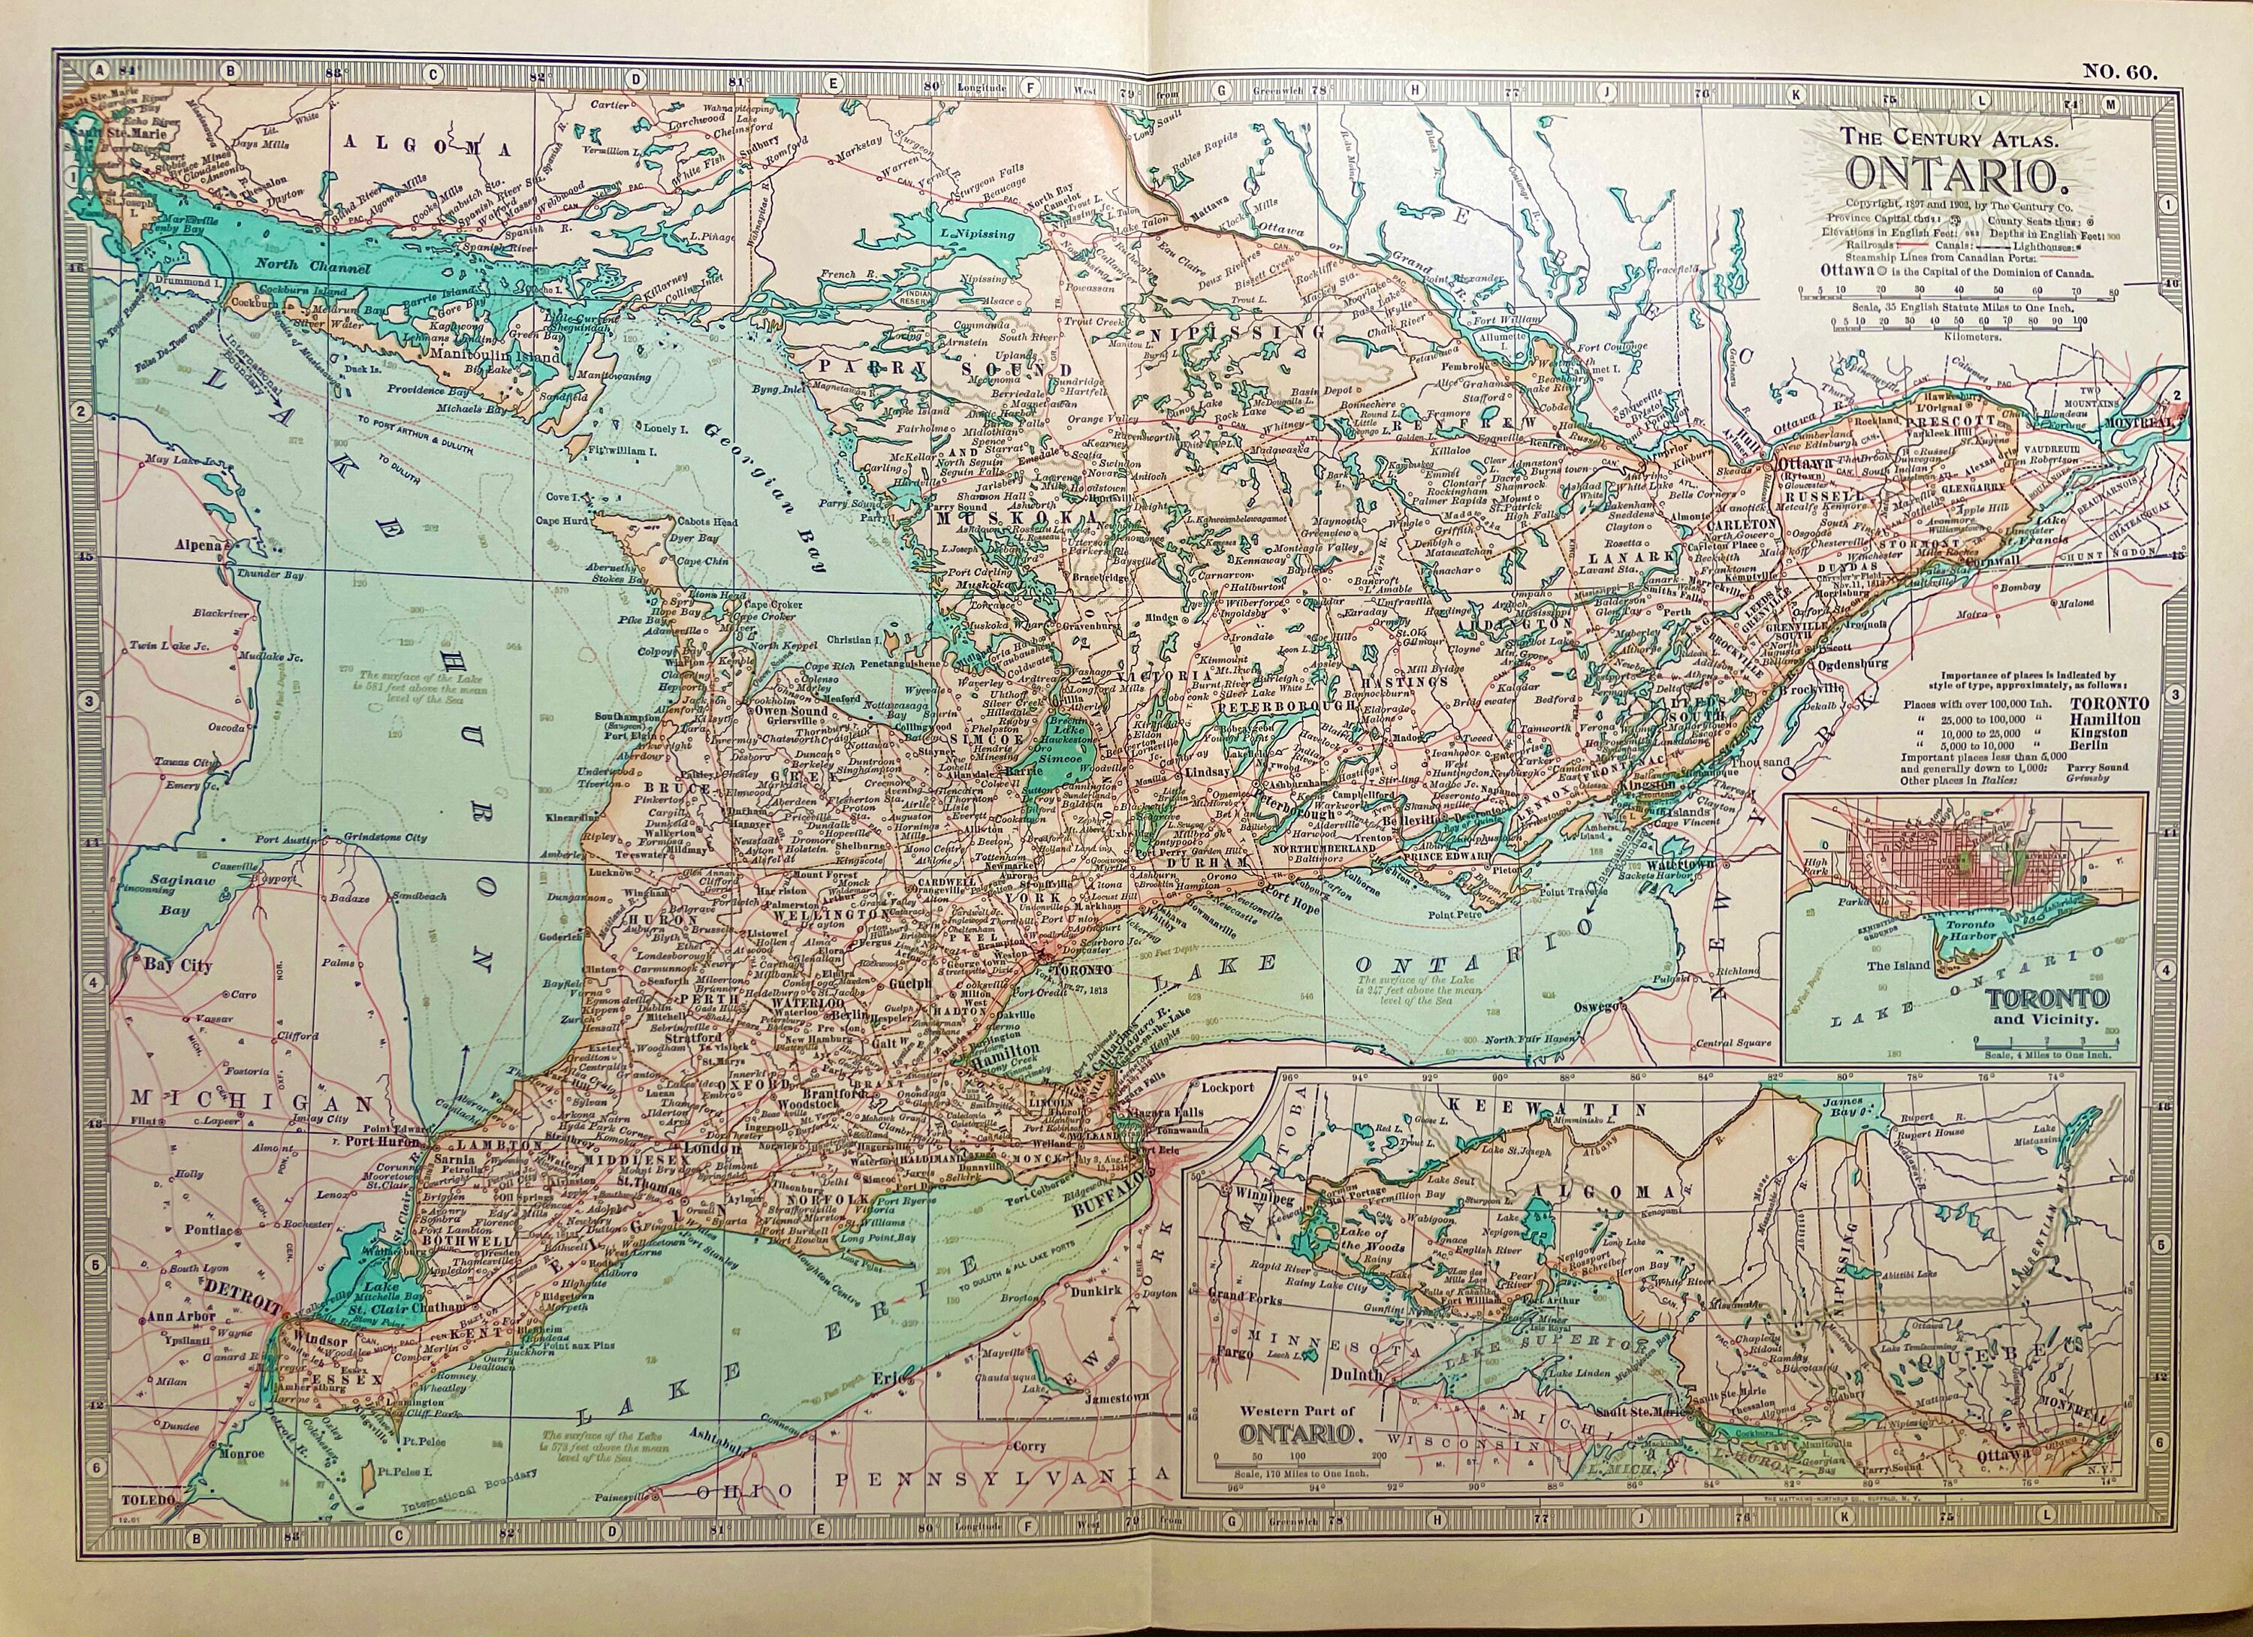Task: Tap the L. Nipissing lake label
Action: (x=978, y=234)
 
